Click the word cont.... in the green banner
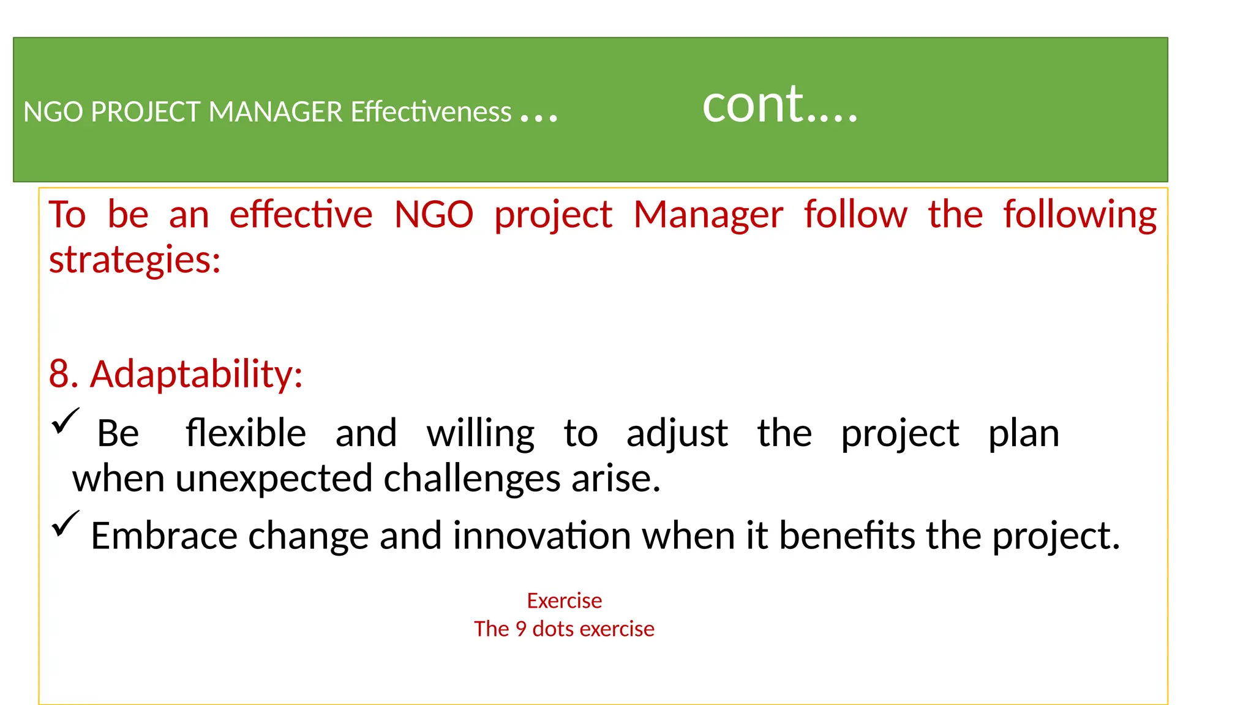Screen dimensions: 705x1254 pyautogui.click(x=779, y=105)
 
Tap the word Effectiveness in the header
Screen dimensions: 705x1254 pyautogui.click(x=430, y=112)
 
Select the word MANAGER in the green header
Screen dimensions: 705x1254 pyautogui.click(x=276, y=112)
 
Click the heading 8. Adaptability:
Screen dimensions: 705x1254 pyautogui.click(x=176, y=373)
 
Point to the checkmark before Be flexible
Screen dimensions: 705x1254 pyautogui.click(x=65, y=422)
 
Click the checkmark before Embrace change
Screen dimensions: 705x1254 pyautogui.click(x=65, y=524)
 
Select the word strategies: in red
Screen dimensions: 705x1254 pyautogui.click(x=135, y=259)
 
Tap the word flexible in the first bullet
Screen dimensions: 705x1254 pyautogui.click(x=246, y=433)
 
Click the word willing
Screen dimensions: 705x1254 pyautogui.click(x=481, y=435)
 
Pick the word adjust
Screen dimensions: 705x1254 pyautogui.click(x=677, y=435)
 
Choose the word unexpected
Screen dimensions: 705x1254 pyautogui.click(x=274, y=479)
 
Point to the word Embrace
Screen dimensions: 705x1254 pyautogui.click(x=163, y=535)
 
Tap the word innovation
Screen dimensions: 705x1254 pyautogui.click(x=542, y=535)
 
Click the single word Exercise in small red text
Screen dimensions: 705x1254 pyautogui.click(x=564, y=601)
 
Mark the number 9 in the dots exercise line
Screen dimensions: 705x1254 pyautogui.click(x=520, y=629)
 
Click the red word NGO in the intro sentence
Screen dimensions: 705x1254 pyautogui.click(x=434, y=215)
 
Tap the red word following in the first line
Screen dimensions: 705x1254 pyautogui.click(x=1079, y=216)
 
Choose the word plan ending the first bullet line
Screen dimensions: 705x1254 pyautogui.click(x=1024, y=435)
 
